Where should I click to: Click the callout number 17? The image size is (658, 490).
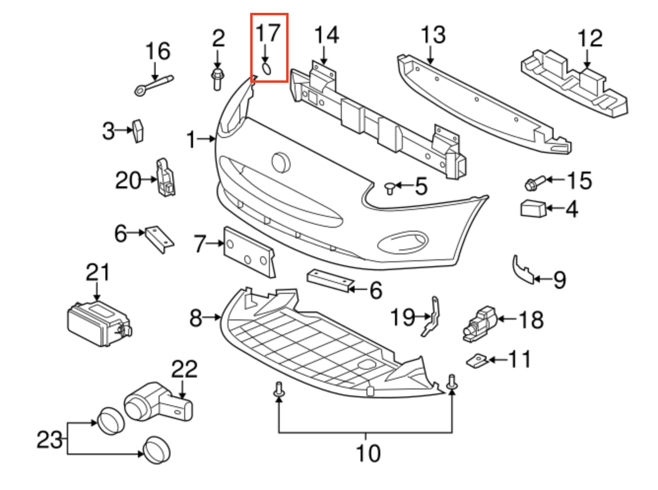pyautogui.click(x=268, y=34)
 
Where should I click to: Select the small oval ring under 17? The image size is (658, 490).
pyautogui.click(x=266, y=69)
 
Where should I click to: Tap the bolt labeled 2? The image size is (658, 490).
pyautogui.click(x=217, y=79)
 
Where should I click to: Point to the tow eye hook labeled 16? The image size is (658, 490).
pyautogui.click(x=153, y=84)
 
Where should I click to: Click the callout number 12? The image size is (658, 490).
pyautogui.click(x=590, y=38)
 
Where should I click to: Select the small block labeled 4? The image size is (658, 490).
pyautogui.click(x=532, y=209)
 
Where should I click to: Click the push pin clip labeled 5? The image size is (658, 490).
pyautogui.click(x=390, y=187)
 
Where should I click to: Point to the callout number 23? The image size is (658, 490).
pyautogui.click(x=50, y=439)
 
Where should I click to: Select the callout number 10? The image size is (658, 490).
pyautogui.click(x=367, y=453)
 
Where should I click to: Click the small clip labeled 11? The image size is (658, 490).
pyautogui.click(x=477, y=361)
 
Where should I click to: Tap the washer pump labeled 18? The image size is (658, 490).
pyautogui.click(x=480, y=323)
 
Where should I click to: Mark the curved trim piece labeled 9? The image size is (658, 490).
pyautogui.click(x=523, y=270)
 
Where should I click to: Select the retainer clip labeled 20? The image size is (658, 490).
pyautogui.click(x=165, y=177)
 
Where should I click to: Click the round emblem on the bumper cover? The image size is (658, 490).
pyautogui.click(x=281, y=162)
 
